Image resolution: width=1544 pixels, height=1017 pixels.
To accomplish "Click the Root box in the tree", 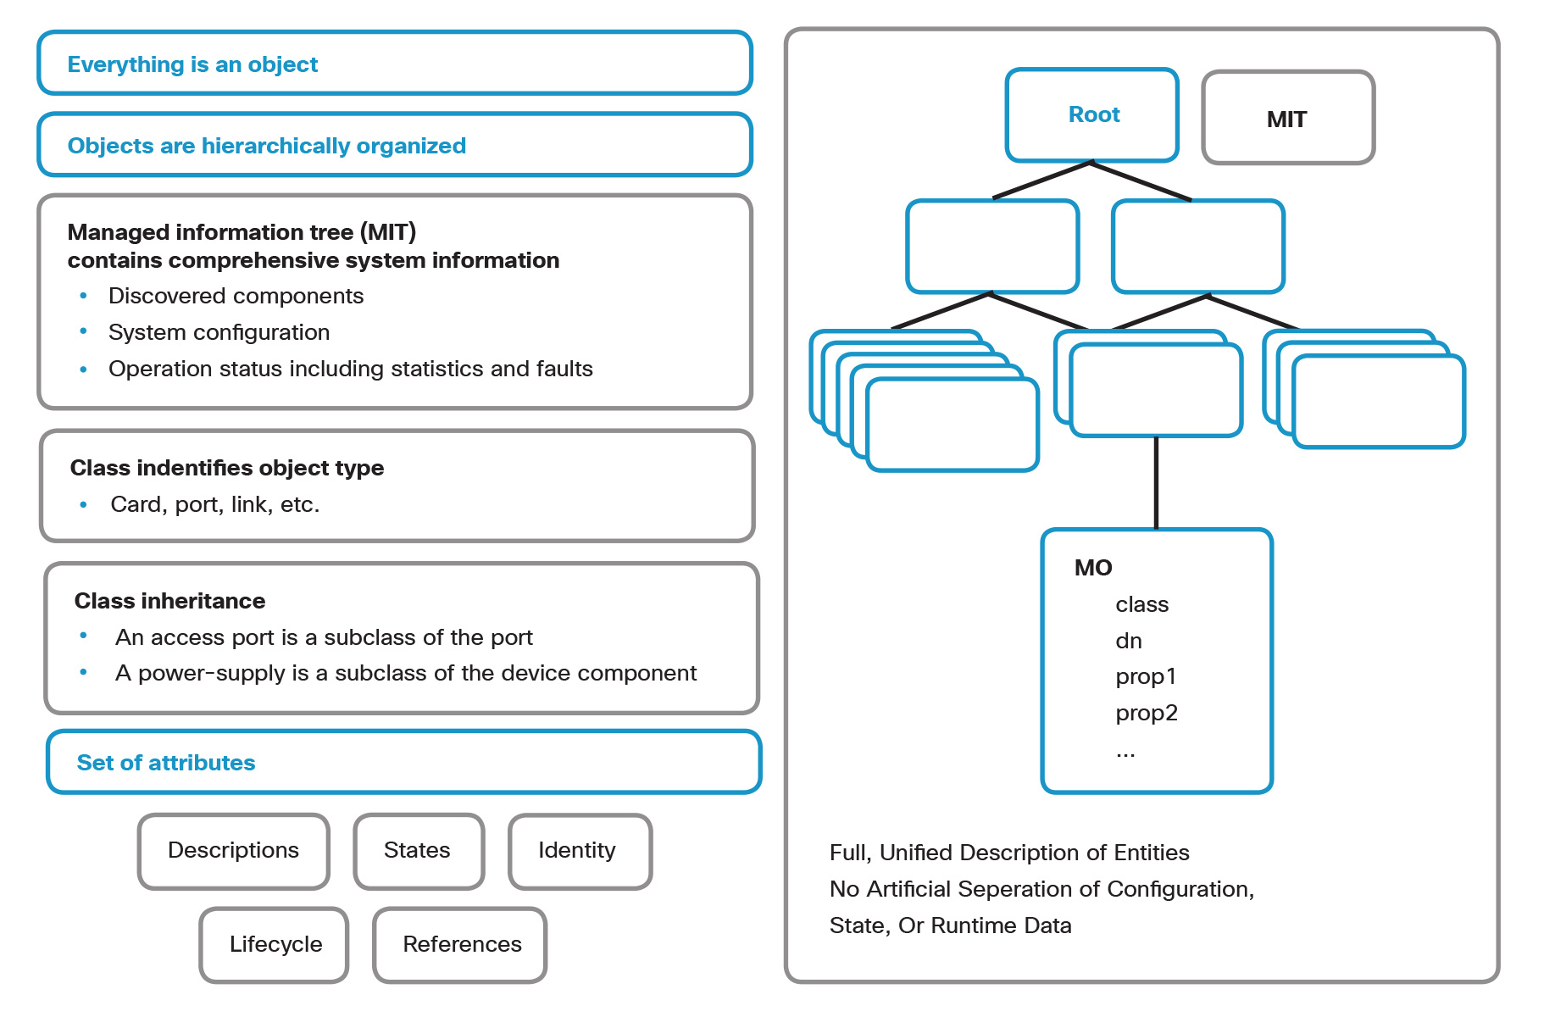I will click(1091, 114).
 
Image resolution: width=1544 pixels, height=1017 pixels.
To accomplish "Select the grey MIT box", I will click(1286, 119).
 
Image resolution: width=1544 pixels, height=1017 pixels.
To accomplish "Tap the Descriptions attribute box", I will click(233, 850).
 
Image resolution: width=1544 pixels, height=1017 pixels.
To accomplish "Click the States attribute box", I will click(418, 850).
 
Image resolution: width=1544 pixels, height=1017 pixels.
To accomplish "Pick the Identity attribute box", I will click(579, 850).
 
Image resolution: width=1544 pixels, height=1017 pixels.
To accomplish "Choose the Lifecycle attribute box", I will click(275, 944).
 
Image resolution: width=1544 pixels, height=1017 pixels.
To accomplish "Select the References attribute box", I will click(461, 944).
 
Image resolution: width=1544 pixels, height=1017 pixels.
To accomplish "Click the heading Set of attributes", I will click(166, 763).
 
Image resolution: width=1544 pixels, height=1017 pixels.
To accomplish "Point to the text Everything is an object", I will click(192, 64).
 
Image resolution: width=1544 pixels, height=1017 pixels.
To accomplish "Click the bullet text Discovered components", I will click(236, 296).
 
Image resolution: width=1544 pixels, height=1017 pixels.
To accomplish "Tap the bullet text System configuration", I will click(219, 332).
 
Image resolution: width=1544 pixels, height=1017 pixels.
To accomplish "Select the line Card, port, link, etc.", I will click(214, 504).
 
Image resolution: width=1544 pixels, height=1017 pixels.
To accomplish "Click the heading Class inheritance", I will click(169, 601).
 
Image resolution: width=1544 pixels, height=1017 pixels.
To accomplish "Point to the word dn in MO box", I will click(1128, 642).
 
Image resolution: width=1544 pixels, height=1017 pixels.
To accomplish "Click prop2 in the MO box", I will click(1146, 713).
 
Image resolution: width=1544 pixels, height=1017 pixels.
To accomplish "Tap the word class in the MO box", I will click(1141, 605).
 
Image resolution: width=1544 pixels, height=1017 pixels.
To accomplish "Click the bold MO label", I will click(1092, 568).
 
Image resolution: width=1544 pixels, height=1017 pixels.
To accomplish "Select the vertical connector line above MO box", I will click(1156, 483).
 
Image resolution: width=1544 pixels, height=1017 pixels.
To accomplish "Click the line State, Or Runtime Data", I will click(950, 925).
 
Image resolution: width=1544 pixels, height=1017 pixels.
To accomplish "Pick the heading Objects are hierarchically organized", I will click(266, 146).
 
